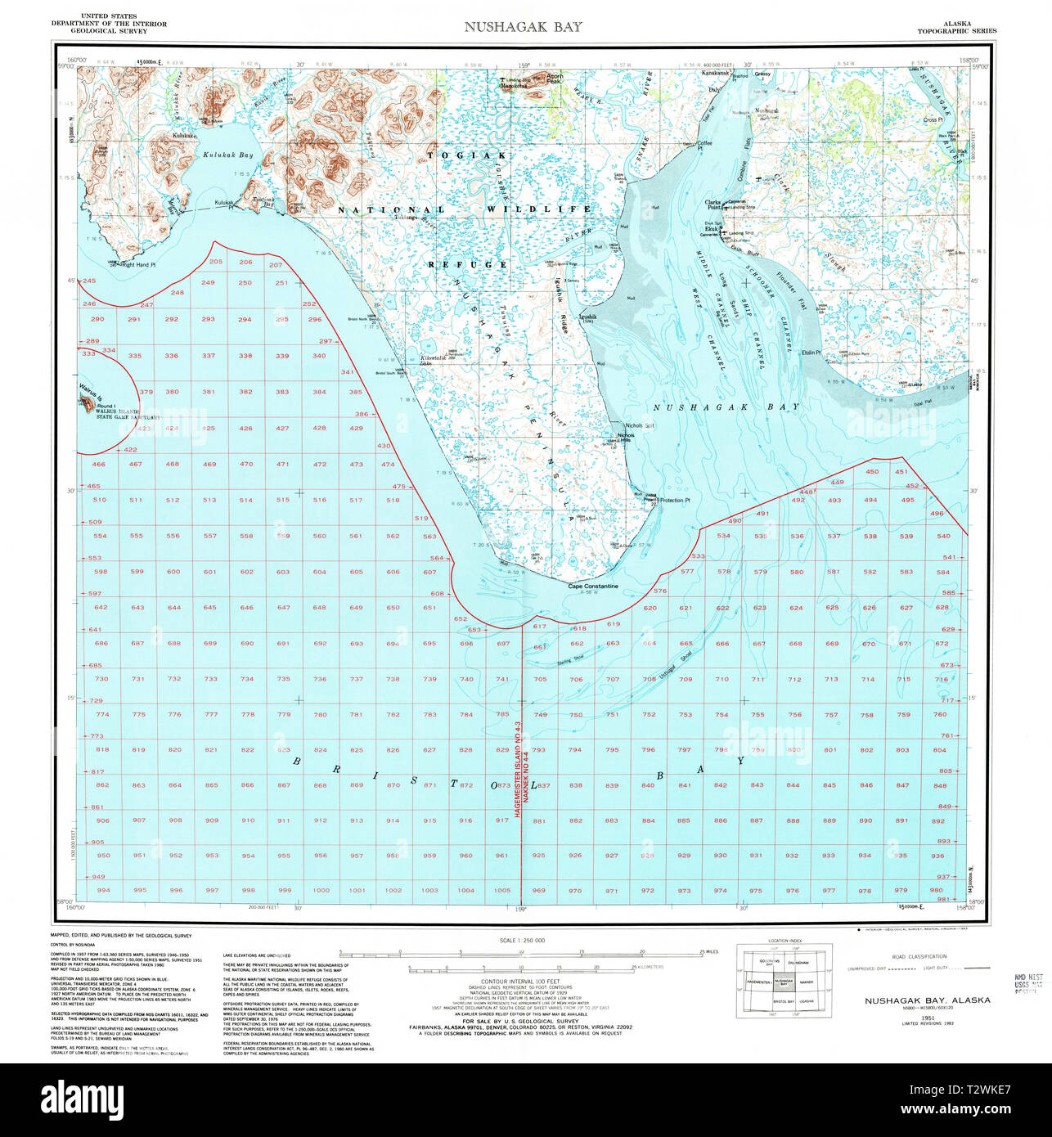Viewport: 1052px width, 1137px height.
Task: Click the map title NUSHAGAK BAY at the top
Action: click(x=524, y=26)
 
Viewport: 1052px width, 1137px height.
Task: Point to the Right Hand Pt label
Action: click(x=138, y=264)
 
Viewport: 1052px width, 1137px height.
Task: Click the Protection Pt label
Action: click(x=675, y=501)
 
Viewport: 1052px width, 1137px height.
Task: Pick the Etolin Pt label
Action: click(x=811, y=353)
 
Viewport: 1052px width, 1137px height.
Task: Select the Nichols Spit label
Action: click(x=639, y=425)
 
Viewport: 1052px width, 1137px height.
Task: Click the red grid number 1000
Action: click(x=321, y=891)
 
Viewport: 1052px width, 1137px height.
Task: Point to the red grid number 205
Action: click(x=216, y=262)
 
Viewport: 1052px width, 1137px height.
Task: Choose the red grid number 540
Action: click(x=943, y=537)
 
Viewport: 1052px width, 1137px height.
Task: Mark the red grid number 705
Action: click(x=539, y=679)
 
